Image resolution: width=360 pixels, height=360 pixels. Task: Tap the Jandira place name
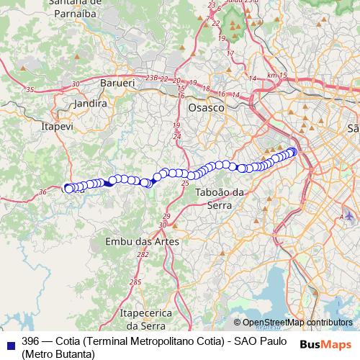[x=91, y=104]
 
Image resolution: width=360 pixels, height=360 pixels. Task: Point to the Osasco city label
[x=206, y=107]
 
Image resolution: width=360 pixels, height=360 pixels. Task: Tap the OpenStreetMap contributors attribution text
[x=297, y=323]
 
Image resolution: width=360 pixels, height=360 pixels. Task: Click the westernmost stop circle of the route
[x=69, y=189]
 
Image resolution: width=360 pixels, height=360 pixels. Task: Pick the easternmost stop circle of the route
[x=293, y=151]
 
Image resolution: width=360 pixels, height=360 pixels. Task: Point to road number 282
[x=143, y=255]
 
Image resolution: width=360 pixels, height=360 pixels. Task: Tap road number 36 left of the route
[x=42, y=192]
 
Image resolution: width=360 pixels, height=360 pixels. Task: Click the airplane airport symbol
[x=350, y=215]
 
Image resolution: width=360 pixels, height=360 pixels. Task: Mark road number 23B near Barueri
[x=151, y=78]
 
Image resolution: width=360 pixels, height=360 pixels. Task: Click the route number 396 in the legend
[x=31, y=341]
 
